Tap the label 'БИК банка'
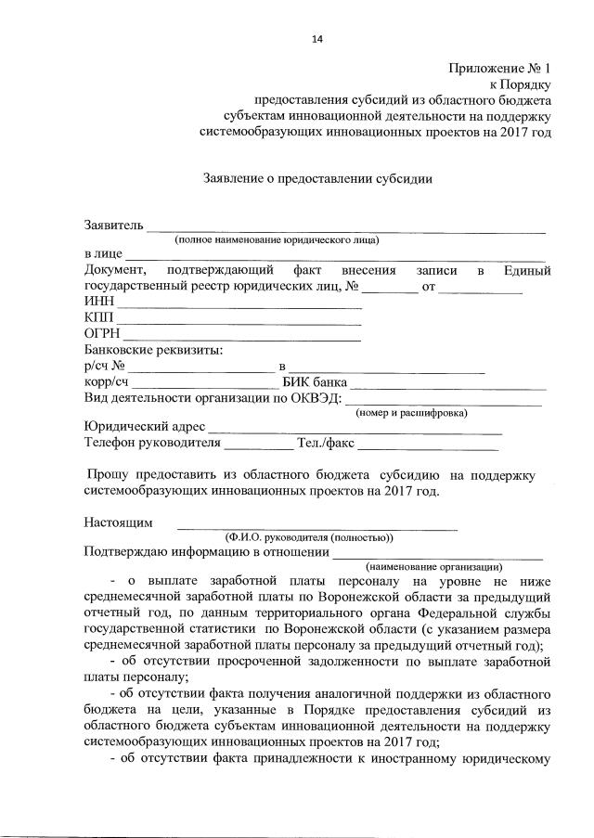coord(315,382)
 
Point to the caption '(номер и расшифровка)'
coord(412,412)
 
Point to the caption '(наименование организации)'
coord(434,566)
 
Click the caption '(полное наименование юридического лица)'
coord(277,239)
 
